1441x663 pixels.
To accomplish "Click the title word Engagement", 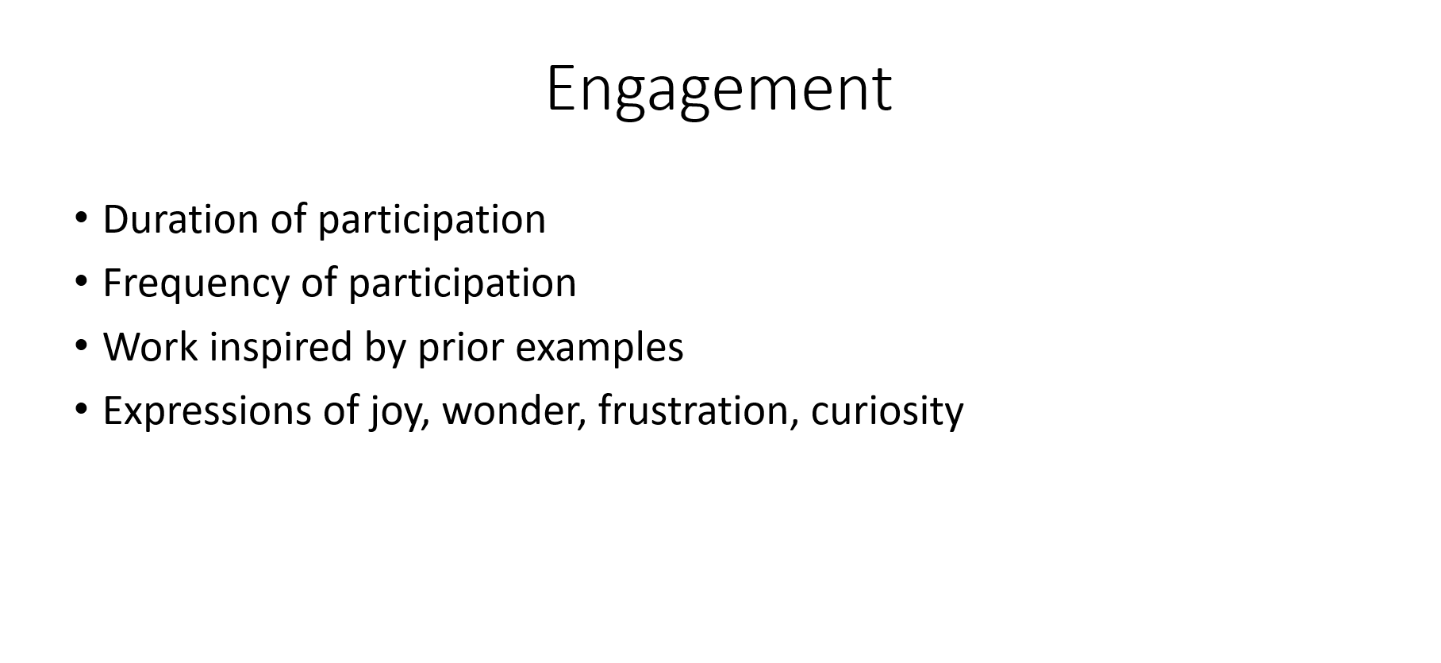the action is (x=719, y=90).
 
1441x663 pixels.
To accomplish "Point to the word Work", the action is (x=150, y=347).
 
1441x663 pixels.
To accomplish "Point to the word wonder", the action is (x=513, y=411).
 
